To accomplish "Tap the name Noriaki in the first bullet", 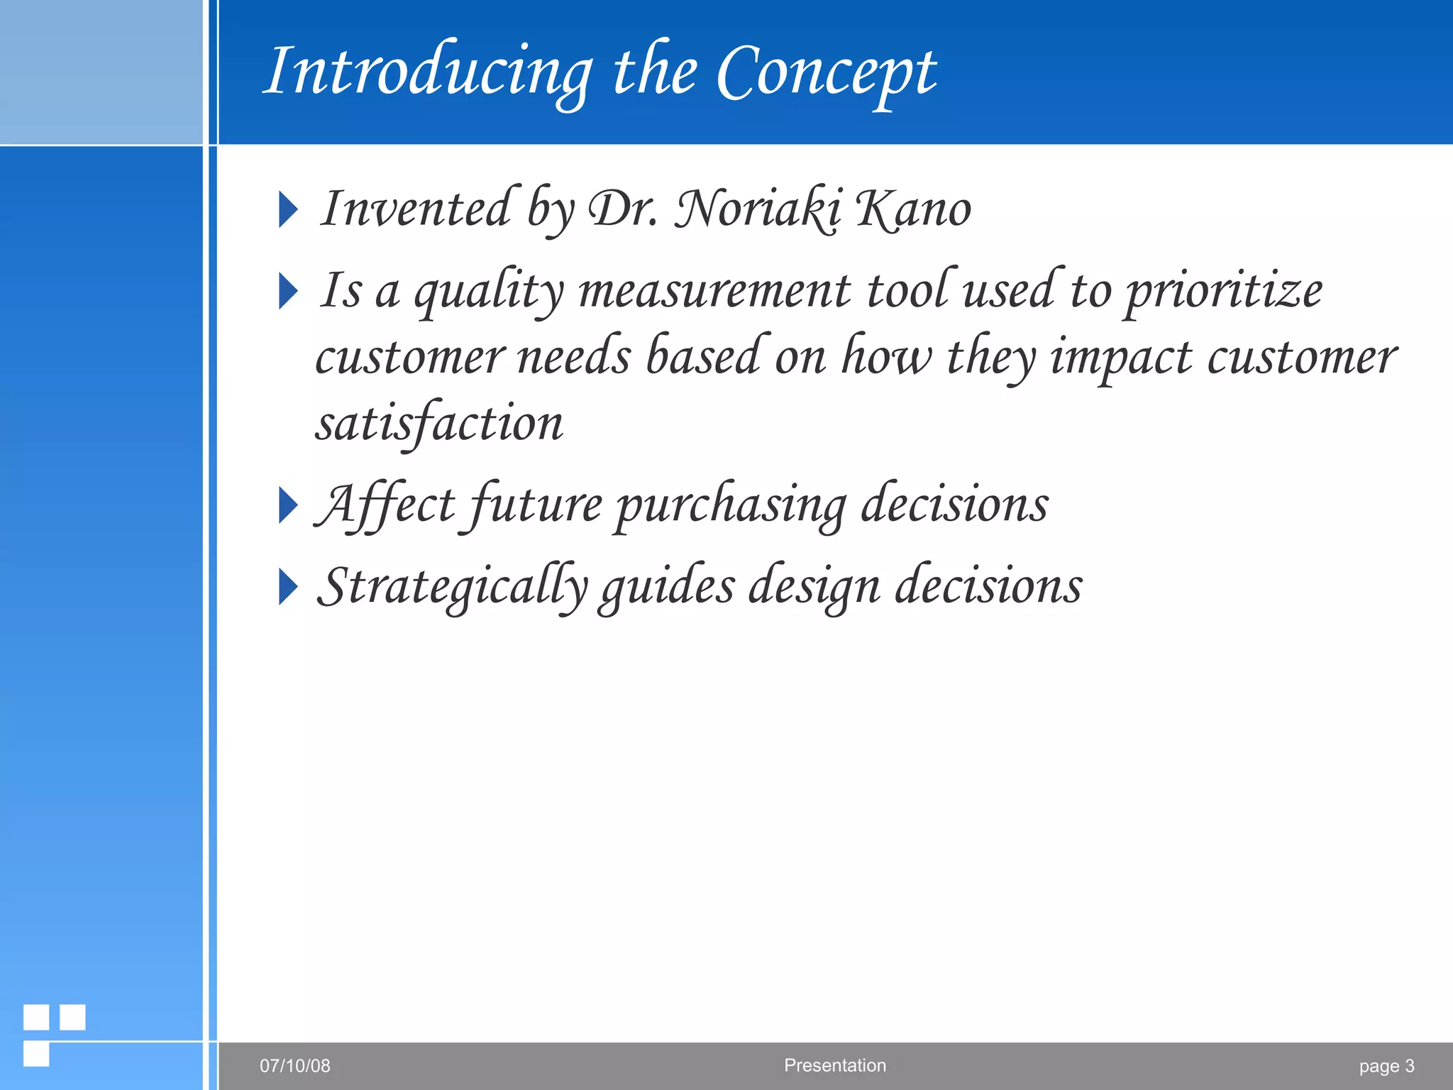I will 758,209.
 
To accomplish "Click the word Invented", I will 417,209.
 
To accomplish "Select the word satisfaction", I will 440,424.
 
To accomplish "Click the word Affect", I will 385,505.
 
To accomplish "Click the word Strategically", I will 453,588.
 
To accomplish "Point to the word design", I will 814,588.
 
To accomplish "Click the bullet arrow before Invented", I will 287,210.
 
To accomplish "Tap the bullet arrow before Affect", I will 287,506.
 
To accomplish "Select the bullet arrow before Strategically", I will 287,588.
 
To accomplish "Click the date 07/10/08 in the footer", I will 295,1066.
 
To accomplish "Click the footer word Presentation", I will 835,1065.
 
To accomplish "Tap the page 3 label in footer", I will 1386,1066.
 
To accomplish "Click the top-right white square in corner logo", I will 72,1017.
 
